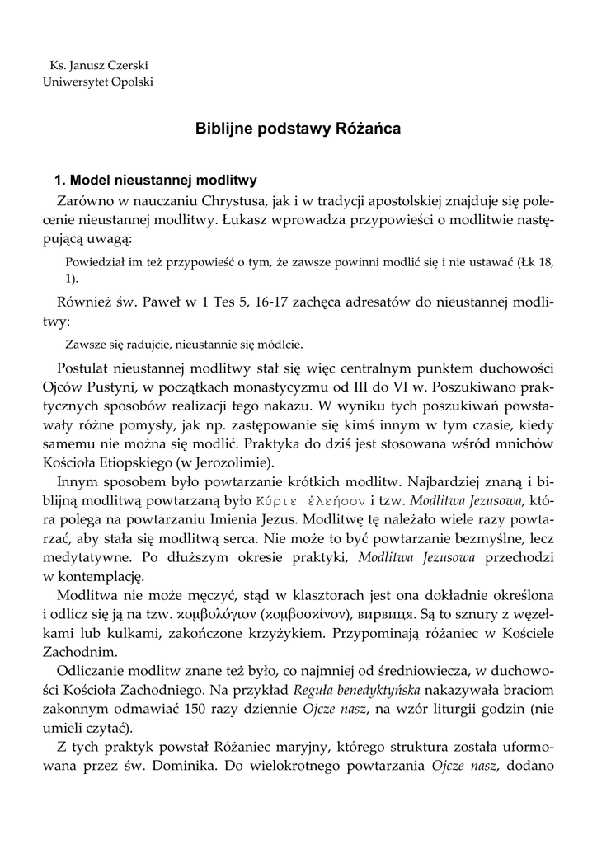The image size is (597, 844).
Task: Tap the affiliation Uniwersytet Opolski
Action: [97, 82]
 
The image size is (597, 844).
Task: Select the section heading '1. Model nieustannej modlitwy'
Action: [156, 179]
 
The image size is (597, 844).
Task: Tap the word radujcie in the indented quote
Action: [138, 344]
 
